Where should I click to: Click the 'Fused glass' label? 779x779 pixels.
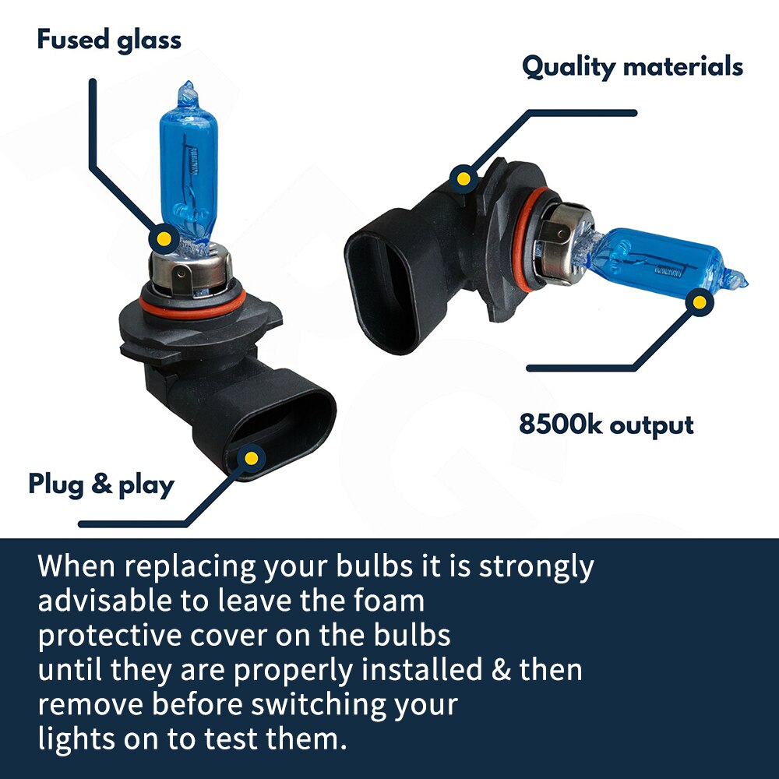coord(109,40)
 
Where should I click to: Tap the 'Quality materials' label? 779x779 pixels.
coord(633,67)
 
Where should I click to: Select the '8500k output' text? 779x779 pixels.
coord(606,425)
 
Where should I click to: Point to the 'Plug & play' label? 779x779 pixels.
coord(101,485)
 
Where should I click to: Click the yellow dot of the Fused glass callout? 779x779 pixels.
coord(164,239)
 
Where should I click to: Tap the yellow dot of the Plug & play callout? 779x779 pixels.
coord(252,458)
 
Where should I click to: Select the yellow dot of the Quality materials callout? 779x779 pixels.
coord(464,178)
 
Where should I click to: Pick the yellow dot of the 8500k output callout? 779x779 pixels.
coord(700,302)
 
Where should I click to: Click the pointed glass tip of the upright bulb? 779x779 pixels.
coord(187,84)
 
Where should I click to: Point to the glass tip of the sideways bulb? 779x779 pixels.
coord(744,284)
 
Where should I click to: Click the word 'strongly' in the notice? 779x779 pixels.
coord(536,567)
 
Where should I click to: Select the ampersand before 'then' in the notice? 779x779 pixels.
coord(501,669)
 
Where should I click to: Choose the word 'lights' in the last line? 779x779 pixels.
coord(76,740)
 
